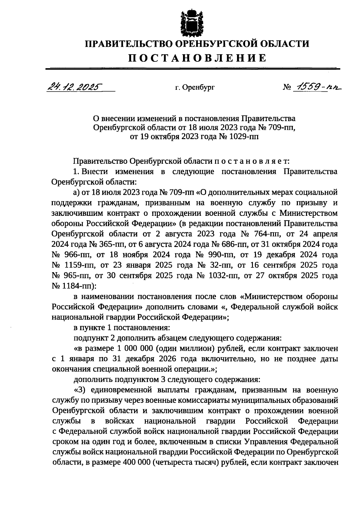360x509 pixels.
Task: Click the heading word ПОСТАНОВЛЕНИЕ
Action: [x=197, y=58]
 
